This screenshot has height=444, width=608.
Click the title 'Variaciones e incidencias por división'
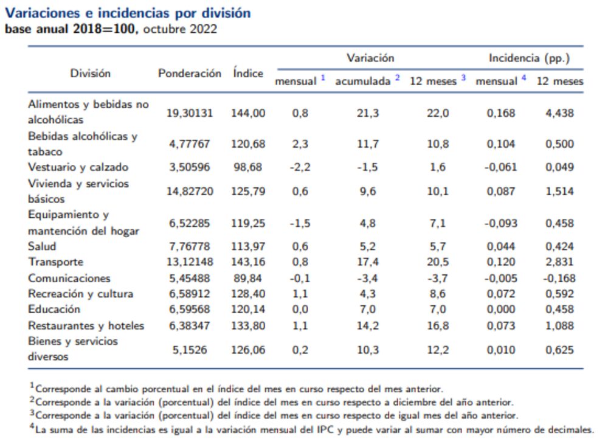point(128,13)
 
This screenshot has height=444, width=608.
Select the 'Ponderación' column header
point(190,73)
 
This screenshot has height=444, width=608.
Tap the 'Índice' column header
point(248,73)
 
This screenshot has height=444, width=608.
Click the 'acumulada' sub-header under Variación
point(363,81)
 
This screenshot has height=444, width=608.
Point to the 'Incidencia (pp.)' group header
point(529,58)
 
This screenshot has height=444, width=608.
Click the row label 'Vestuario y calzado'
point(78,167)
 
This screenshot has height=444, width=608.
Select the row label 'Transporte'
point(55,262)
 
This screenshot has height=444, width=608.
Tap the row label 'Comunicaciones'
point(69,278)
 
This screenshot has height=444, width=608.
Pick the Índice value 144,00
point(248,113)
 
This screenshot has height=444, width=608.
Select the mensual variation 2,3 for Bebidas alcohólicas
point(300,144)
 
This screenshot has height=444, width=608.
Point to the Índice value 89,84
point(248,278)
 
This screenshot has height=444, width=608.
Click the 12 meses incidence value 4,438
point(559,113)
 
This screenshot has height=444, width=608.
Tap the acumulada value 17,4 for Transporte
point(367,262)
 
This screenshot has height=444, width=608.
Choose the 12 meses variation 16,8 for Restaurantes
point(438,325)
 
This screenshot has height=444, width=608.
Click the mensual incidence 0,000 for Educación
point(501,310)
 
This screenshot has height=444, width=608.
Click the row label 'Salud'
point(42,246)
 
